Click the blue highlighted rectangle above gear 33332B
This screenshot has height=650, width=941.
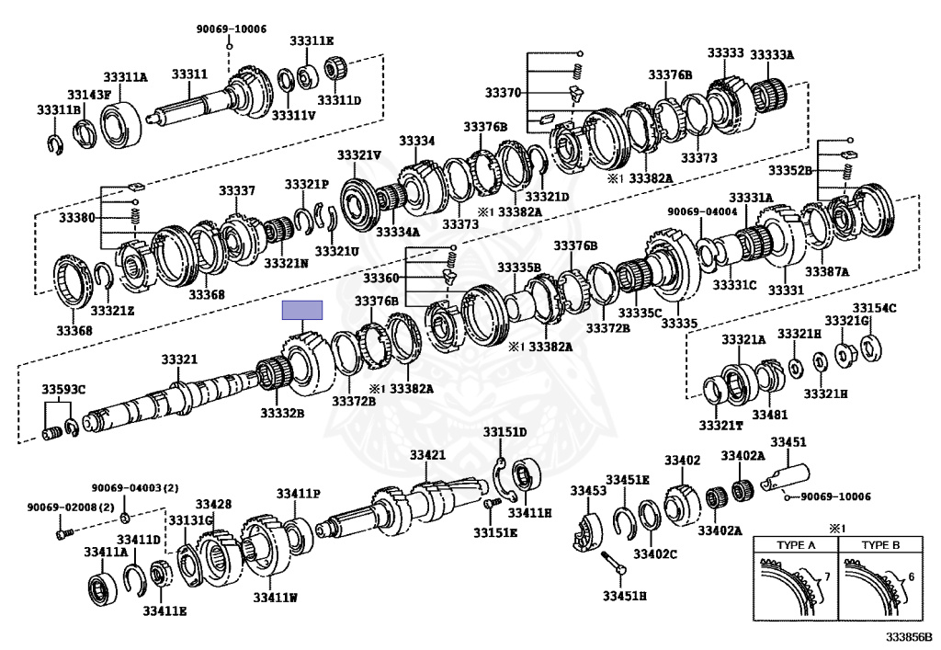(x=302, y=310)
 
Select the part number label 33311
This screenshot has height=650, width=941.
(x=190, y=74)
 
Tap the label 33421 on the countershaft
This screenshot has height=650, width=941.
(x=427, y=455)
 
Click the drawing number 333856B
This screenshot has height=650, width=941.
(x=909, y=636)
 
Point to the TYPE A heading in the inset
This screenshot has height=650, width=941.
(x=797, y=544)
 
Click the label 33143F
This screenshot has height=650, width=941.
(x=89, y=94)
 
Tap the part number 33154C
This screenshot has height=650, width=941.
(x=873, y=308)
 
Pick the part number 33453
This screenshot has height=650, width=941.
(x=588, y=491)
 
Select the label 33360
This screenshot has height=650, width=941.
(x=380, y=278)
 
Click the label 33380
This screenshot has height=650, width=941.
(x=76, y=218)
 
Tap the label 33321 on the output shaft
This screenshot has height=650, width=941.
(x=180, y=359)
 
